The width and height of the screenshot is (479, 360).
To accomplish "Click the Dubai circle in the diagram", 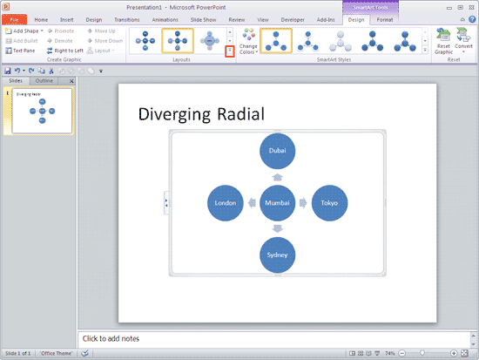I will tap(278, 151).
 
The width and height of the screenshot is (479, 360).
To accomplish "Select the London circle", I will tap(226, 203).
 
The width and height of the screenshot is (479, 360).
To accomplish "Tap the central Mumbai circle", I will tap(278, 203).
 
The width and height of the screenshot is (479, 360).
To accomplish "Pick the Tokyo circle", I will tap(329, 203).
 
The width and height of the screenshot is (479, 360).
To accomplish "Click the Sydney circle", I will tap(278, 255).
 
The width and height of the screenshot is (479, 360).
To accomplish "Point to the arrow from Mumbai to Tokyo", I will tap(303, 203).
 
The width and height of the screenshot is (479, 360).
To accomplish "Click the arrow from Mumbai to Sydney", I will tap(278, 229).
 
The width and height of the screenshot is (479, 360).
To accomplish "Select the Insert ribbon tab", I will tap(68, 19).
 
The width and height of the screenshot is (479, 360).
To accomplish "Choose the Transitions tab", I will tap(127, 19).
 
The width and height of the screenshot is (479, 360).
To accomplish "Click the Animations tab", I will tap(165, 19).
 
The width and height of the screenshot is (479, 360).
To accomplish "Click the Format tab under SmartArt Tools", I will tap(385, 19).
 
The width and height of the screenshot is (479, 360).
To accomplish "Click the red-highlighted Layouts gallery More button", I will tap(229, 51).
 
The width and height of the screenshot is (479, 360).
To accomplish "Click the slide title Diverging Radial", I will tap(201, 114).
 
